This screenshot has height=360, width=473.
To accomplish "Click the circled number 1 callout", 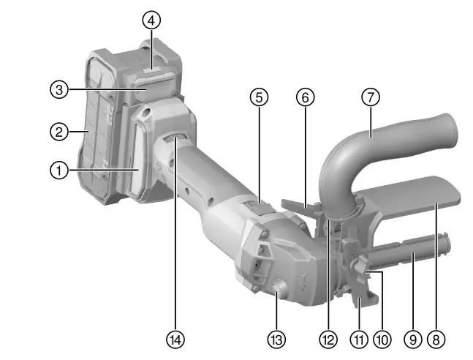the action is [58, 170].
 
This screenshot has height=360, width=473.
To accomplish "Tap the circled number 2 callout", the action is [58, 132].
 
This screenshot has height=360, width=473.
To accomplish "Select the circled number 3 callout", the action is [58, 90].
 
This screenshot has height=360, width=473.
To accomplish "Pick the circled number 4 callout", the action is [151, 20].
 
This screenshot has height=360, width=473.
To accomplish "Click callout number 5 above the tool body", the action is [259, 97].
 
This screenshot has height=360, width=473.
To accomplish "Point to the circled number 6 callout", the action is [306, 97].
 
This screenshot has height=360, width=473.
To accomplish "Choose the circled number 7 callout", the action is [371, 97].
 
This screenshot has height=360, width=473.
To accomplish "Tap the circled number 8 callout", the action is [436, 340].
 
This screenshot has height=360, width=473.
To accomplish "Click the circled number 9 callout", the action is [412, 340].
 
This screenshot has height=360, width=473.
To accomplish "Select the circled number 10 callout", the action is [382, 340].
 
